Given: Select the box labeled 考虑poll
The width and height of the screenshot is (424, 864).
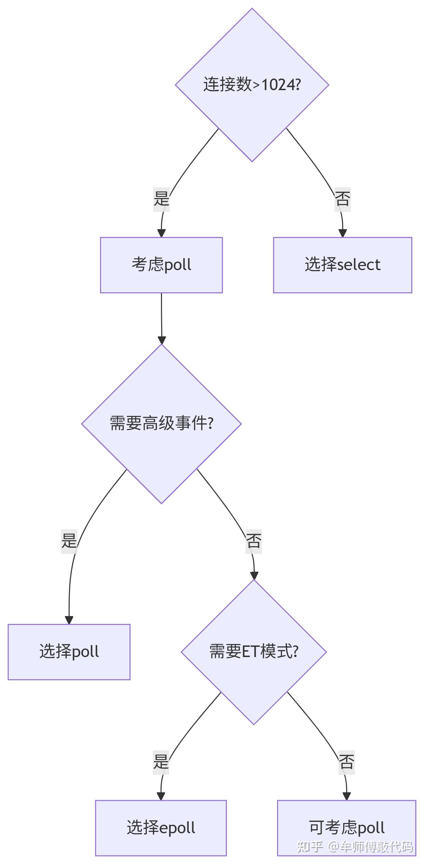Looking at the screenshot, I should coord(161,265).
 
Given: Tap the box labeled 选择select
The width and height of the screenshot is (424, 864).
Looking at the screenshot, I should coord(342,265).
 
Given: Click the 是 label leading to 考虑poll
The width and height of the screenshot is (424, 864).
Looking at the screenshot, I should coord(161,199).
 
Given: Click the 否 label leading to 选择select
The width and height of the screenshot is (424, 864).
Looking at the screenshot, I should coord(342,199).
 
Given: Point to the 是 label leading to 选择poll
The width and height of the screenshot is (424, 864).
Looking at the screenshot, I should coord(69,541).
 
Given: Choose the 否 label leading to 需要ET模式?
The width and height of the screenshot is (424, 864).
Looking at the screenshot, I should coord(254,541).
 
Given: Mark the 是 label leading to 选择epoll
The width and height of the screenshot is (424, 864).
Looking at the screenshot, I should coord(161,762).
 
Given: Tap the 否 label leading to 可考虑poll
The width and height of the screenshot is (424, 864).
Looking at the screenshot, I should coord(346,762).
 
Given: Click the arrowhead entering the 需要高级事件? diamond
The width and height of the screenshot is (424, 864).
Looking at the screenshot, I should coord(162,340).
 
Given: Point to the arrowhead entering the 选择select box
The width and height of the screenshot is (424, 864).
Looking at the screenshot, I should coord(342,233).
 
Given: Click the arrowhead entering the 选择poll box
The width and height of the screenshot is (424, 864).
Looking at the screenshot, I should coord(69,620).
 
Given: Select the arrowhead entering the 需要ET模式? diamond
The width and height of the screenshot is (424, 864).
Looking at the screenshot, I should coord(254,575).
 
